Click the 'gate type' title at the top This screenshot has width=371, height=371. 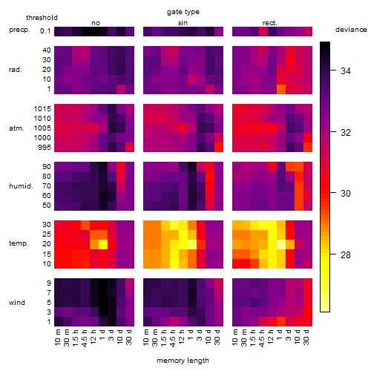point(183,12)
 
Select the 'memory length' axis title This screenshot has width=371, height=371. point(183,361)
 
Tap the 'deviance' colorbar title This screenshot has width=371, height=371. point(351,30)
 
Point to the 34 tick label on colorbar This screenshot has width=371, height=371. point(346,71)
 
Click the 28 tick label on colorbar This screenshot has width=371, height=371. point(346,255)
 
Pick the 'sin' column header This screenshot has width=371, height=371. point(183,23)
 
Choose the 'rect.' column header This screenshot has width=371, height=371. point(270,23)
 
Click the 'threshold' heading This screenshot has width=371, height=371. point(42,18)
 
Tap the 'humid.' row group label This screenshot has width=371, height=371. point(21,186)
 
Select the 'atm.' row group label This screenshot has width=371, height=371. point(16,128)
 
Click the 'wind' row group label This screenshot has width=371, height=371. point(17,303)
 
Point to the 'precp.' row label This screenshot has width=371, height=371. point(19,30)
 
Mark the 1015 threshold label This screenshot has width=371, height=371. point(42,109)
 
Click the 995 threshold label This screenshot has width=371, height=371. point(45,148)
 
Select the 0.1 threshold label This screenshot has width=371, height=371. point(45,31)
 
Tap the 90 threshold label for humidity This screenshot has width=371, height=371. point(47,167)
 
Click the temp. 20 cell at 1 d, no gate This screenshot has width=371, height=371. point(103,244)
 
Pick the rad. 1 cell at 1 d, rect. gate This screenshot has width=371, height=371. point(281,89)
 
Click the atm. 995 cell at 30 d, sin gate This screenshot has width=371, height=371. point(219,147)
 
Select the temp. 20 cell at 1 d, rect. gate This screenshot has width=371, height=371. point(281,244)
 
